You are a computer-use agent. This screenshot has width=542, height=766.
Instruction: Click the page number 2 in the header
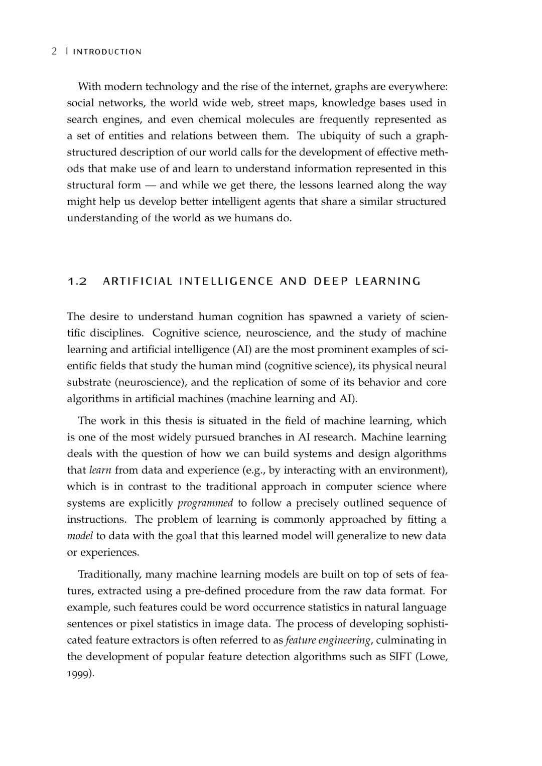click(54, 52)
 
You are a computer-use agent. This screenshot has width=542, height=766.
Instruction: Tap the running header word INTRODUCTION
click(107, 52)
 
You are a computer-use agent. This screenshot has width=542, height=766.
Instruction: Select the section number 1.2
click(77, 281)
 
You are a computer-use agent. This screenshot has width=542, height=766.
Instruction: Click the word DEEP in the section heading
click(331, 281)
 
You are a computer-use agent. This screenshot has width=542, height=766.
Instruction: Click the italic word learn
click(100, 470)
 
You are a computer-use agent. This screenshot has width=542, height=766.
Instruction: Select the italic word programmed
click(205, 503)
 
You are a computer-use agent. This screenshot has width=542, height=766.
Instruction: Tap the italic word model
click(80, 536)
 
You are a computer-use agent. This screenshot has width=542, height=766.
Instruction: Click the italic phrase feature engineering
click(328, 640)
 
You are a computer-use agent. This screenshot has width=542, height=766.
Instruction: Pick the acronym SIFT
click(400, 657)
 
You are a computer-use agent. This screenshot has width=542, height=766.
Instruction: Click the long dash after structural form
click(150, 185)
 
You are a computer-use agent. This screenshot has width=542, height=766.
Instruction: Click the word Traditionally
click(109, 574)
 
